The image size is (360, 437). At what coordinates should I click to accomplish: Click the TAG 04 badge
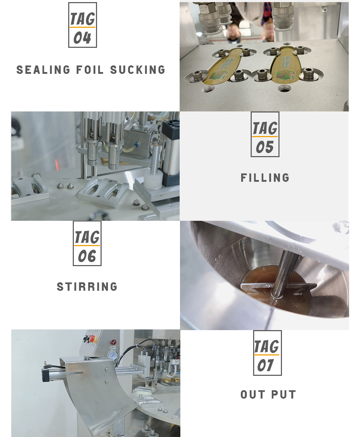coord(83,25)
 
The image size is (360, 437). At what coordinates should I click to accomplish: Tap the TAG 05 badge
coord(265,134)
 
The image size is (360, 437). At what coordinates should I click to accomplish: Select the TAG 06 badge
coord(87,243)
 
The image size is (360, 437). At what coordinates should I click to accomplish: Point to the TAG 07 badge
coord(268,353)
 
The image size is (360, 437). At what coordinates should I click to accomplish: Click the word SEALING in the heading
coord(43,70)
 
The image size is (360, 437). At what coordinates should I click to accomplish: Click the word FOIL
coord(90,70)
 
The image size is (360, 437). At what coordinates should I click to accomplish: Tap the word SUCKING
coord(138,70)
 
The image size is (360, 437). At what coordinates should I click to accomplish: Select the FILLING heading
coord(265,178)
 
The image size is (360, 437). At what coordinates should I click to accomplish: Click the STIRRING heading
coord(87,287)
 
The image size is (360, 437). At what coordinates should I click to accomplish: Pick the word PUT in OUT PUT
coord(283,394)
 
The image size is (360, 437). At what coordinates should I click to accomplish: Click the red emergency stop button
coord(93,339)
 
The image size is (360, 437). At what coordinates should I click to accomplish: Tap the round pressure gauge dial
coord(112,355)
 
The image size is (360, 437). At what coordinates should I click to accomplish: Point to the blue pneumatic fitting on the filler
coord(137,144)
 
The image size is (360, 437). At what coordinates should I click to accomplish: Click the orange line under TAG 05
coord(265,136)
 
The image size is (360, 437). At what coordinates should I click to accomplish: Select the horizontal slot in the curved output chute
coord(76,373)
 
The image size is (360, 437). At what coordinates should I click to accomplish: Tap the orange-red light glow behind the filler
coord(57,165)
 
